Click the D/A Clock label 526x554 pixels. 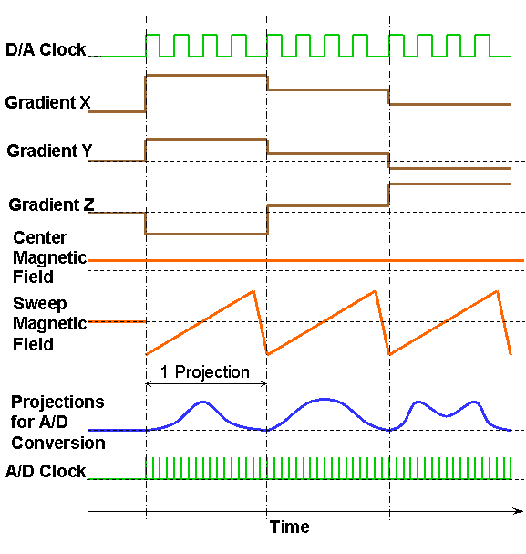46,49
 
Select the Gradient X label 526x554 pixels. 47,102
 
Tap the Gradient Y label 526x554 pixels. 49,151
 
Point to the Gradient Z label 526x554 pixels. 52,204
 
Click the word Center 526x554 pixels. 40,237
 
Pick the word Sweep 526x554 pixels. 40,304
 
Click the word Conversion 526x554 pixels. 58,443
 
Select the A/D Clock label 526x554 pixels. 46,471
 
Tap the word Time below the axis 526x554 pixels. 290,527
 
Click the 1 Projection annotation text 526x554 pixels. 205,372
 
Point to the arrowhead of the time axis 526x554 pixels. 519,511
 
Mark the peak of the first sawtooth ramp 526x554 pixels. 253,291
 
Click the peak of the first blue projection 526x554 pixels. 203,402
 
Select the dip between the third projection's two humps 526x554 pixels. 447,416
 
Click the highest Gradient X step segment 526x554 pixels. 206,75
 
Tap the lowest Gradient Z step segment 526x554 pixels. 206,234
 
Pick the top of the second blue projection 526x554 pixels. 325,399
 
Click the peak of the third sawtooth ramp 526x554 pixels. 498,291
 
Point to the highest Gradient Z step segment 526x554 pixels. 449,183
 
